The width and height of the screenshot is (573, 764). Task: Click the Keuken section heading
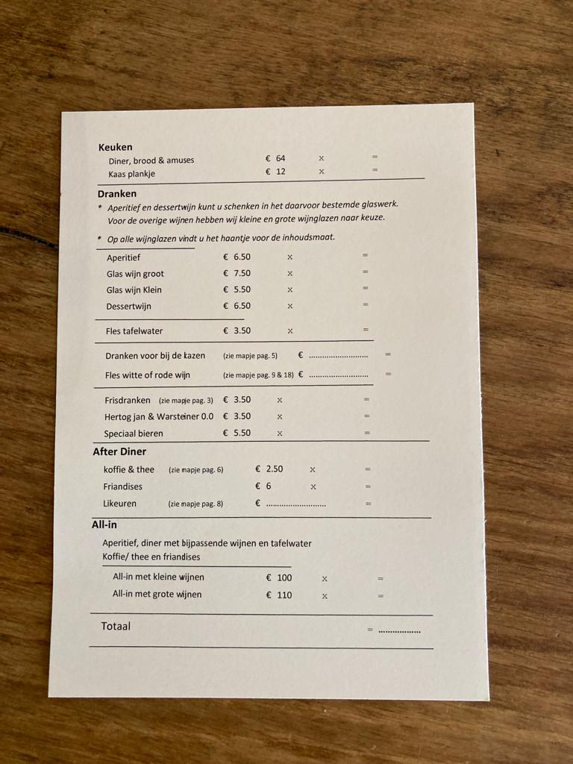pyautogui.click(x=115, y=147)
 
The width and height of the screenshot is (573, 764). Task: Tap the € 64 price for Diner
pyautogui.click(x=275, y=158)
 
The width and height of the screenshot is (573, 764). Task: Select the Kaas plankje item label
pyautogui.click(x=131, y=174)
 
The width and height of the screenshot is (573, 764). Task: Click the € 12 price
pyautogui.click(x=275, y=172)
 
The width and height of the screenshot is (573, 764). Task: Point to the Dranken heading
pyautogui.click(x=117, y=193)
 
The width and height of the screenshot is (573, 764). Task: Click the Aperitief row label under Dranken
pyautogui.click(x=123, y=257)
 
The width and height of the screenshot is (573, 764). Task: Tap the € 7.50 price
pyautogui.click(x=237, y=273)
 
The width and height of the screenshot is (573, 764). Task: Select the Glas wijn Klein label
pyautogui.click(x=134, y=289)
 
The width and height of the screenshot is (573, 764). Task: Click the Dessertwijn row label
pyautogui.click(x=128, y=306)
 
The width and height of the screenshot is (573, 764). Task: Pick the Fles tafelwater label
pyautogui.click(x=134, y=331)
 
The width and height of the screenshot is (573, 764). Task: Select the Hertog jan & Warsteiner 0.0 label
pyautogui.click(x=158, y=416)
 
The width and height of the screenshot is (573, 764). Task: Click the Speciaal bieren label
pyautogui.click(x=133, y=433)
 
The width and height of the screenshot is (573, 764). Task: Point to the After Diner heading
pyautogui.click(x=119, y=451)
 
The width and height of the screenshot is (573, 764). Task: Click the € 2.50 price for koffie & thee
pyautogui.click(x=269, y=469)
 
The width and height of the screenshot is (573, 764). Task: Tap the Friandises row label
pyautogui.click(x=122, y=486)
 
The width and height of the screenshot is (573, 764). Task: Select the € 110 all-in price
pyautogui.click(x=279, y=595)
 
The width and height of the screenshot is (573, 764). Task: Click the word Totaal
pyautogui.click(x=116, y=626)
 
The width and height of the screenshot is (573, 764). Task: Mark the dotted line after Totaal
pyautogui.click(x=399, y=632)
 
